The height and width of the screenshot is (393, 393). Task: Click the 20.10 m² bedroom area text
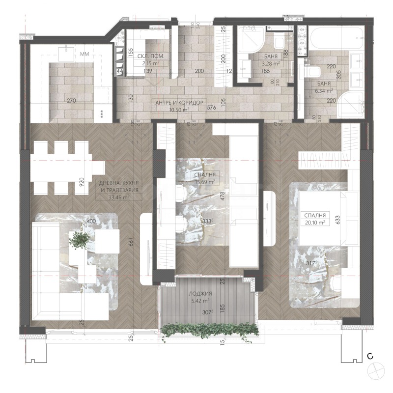(x=315, y=222)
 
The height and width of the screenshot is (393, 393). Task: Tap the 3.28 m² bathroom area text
(x=270, y=63)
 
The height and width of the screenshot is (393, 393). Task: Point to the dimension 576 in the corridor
(x=212, y=108)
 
